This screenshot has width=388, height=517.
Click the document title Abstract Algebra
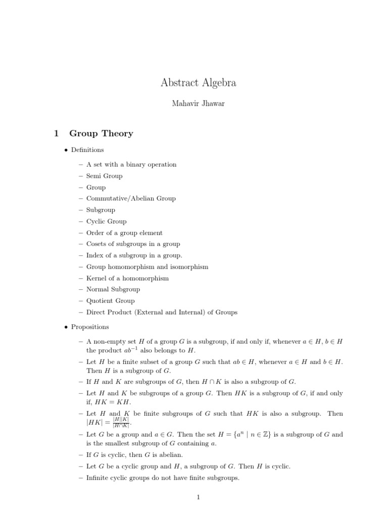click(x=199, y=83)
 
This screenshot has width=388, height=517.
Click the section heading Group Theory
click(x=101, y=134)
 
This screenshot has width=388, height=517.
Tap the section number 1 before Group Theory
click(x=57, y=134)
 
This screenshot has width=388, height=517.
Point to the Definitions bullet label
click(x=87, y=150)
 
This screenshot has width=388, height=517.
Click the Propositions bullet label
click(x=90, y=327)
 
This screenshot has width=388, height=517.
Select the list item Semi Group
click(x=104, y=176)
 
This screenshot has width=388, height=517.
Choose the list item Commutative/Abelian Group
click(x=131, y=198)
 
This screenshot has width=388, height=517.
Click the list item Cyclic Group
click(x=106, y=221)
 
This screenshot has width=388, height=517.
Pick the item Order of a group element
click(x=124, y=233)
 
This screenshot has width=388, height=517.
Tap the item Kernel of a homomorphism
click(x=127, y=278)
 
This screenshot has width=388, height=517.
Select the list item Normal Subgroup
click(x=113, y=289)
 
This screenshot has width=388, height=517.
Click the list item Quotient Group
click(x=110, y=301)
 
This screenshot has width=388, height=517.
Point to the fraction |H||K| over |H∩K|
click(x=121, y=423)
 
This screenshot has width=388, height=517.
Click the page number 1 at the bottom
click(x=199, y=497)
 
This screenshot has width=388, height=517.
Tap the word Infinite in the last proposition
click(x=98, y=478)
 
